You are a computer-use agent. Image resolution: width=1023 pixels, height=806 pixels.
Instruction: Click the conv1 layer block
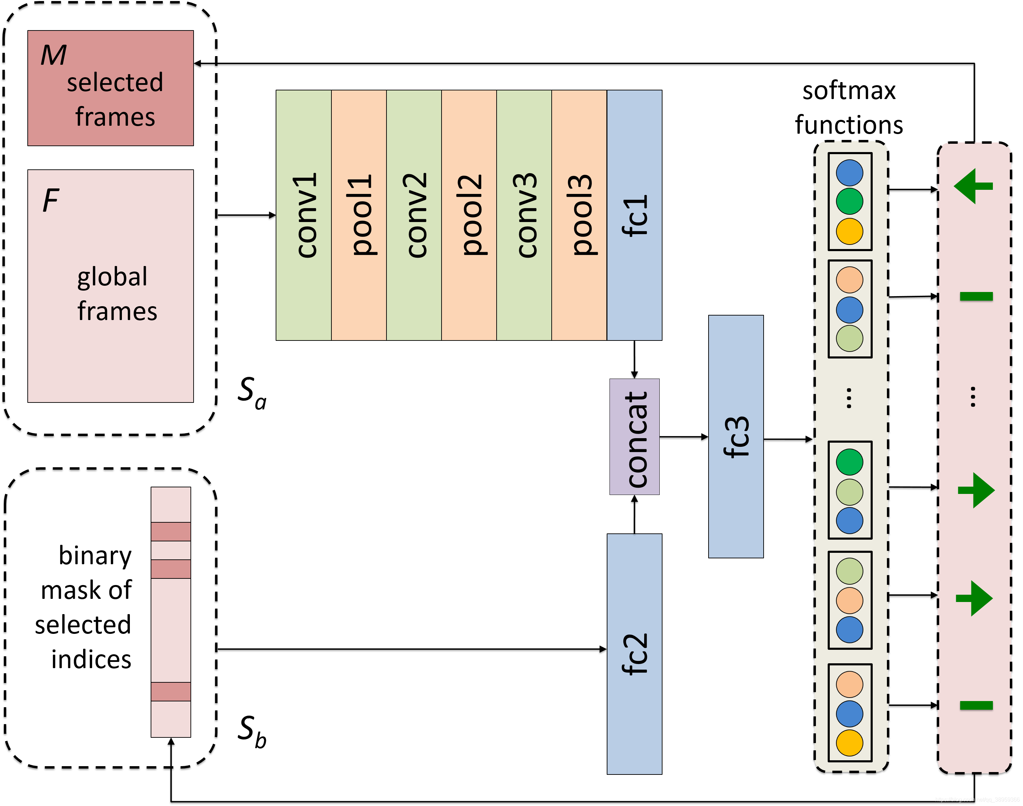[x=303, y=215]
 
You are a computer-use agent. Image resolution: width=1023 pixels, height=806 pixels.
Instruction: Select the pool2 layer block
[x=469, y=215]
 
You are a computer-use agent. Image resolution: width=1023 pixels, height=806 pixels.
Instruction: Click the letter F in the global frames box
[x=51, y=201]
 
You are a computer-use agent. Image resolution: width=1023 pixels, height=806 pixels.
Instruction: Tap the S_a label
[x=251, y=393]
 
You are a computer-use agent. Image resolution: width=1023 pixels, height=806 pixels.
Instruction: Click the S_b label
[x=251, y=732]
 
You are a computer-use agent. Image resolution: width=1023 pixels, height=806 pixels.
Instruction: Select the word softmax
[x=848, y=91]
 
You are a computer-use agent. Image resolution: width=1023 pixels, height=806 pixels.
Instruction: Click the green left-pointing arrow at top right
[x=973, y=186]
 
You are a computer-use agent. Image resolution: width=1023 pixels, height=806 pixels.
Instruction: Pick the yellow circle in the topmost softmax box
[x=849, y=231]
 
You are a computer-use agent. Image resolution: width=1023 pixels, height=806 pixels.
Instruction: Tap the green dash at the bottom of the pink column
[x=976, y=706]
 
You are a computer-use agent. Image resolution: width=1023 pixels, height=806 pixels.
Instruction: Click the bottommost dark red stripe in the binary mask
[x=171, y=691]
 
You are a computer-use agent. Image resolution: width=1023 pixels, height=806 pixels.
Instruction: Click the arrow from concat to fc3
[x=683, y=437]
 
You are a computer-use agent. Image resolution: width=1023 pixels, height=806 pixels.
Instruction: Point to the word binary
[x=95, y=556]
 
